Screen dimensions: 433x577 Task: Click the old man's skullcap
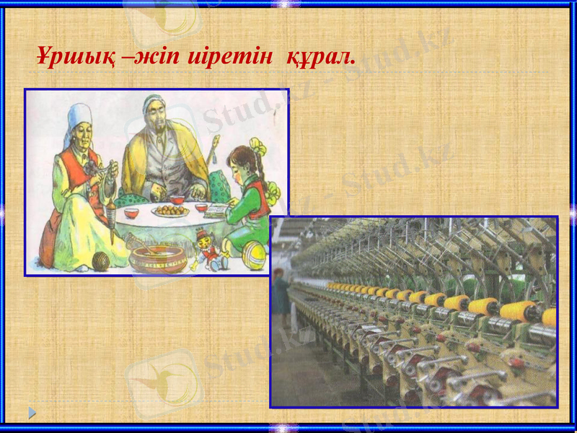tap(153, 100)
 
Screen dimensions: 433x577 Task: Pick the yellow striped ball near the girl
tap(254, 255)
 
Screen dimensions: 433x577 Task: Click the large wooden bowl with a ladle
tap(157, 258)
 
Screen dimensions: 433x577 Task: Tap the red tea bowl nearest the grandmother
tap(131, 213)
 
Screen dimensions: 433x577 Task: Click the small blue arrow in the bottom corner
tap(32, 413)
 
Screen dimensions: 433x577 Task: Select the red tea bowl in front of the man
tap(176, 198)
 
